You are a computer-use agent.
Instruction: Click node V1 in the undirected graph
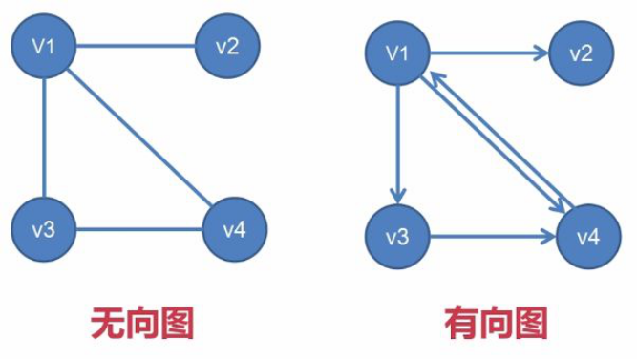(43, 46)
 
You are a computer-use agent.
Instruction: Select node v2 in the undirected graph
(226, 46)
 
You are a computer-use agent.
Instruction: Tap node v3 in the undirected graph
(43, 229)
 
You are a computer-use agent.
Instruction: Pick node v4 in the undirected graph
(235, 229)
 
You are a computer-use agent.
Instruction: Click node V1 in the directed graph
(398, 53)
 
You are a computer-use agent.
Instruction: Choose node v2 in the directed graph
(581, 53)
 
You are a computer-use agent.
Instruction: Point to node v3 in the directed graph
(398, 235)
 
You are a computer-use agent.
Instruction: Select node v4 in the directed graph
(586, 235)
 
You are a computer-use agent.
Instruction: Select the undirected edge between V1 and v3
(43, 138)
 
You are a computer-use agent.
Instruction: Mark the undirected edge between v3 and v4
(138, 229)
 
